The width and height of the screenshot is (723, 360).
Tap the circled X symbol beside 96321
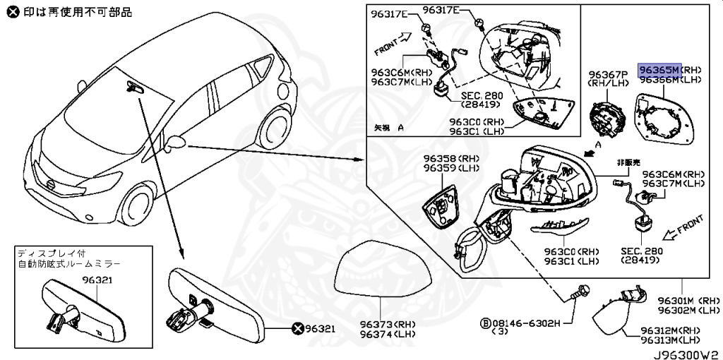pyautogui.click(x=298, y=328)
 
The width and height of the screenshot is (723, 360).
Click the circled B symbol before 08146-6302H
pyautogui.click(x=485, y=323)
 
